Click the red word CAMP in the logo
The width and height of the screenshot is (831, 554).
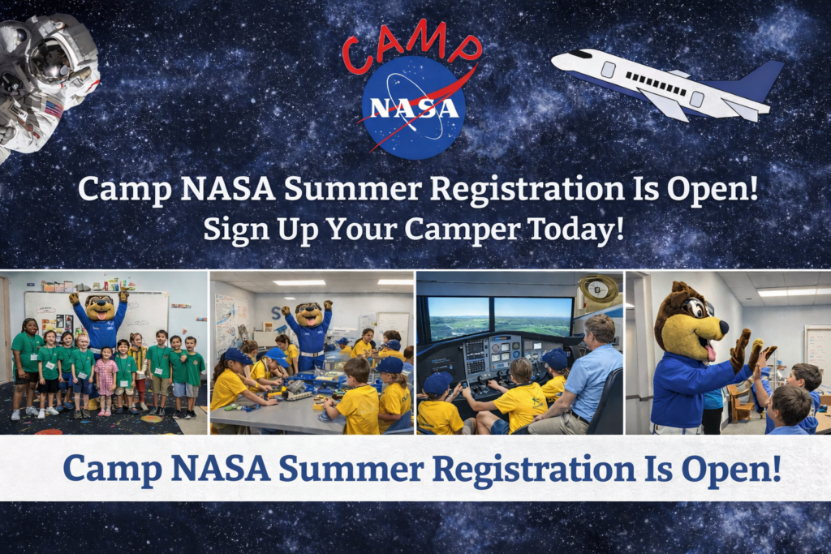coord(411,46)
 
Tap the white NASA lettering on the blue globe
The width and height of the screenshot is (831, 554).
coord(414,108)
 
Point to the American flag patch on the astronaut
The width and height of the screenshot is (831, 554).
coord(54,110)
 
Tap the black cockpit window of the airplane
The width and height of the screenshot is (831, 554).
coord(581,54)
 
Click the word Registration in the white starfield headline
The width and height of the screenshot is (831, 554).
coord(527,190)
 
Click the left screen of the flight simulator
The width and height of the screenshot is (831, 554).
coord(459,318)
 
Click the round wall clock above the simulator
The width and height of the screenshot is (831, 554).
coord(598,289)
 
